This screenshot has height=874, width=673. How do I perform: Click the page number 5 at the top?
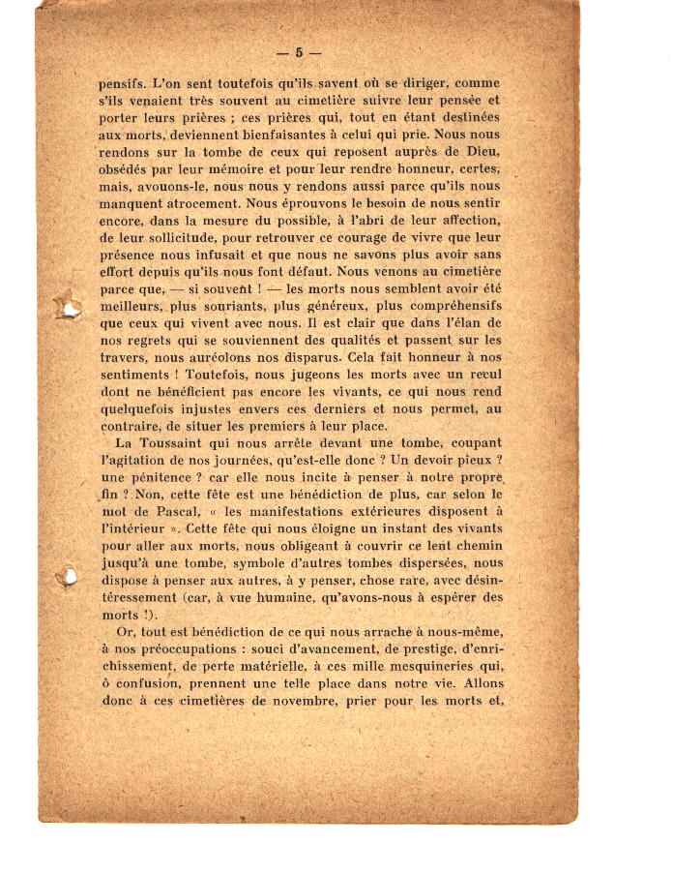[x=299, y=52]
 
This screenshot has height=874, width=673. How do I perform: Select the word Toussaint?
[x=170, y=443]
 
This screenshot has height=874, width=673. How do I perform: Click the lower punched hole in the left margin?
[x=68, y=578]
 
